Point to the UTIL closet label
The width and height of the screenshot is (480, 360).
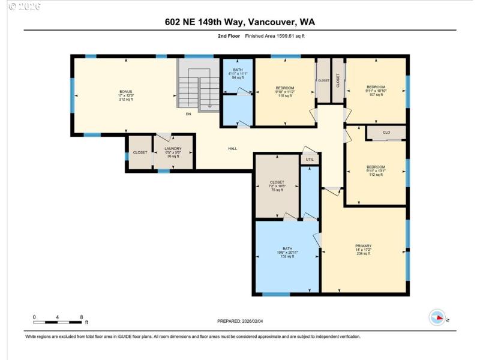pos(310,159)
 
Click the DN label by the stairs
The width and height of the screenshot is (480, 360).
pos(188,113)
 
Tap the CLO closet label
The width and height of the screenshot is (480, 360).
pos(386,132)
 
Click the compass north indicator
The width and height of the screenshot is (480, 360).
pos(437,317)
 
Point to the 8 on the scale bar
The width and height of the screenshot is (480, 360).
pos(82,316)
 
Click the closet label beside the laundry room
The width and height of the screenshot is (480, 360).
pos(140,152)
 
